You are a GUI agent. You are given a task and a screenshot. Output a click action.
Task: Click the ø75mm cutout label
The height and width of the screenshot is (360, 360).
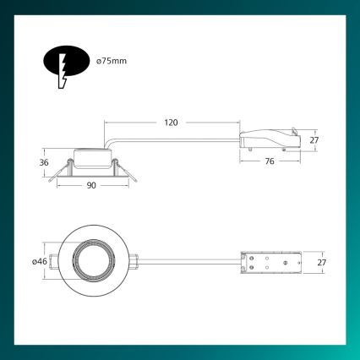[x=112, y=62]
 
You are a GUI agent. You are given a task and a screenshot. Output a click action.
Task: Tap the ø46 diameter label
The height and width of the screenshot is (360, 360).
[x=39, y=262]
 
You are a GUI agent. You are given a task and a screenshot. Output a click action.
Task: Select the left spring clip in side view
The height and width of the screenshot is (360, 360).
[x=55, y=172]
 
